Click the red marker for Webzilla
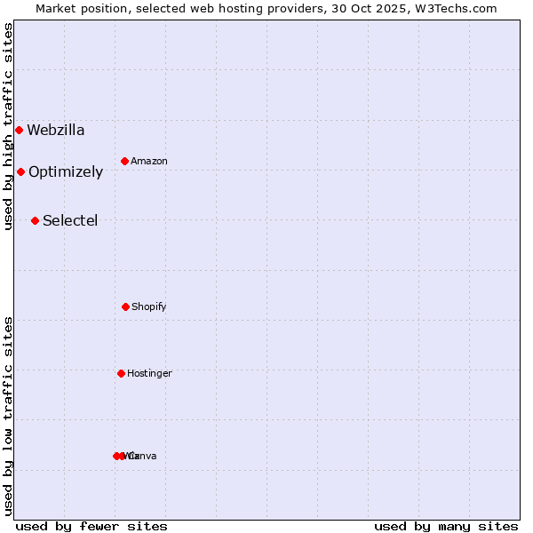[x=19, y=131]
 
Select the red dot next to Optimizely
[x=20, y=172]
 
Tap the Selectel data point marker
[x=35, y=220]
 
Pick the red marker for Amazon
[x=124, y=161]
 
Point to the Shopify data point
[x=125, y=306]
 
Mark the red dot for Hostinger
[x=121, y=373]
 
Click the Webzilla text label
[x=56, y=131]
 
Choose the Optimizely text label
[x=66, y=172]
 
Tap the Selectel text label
[x=70, y=220]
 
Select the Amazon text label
[x=149, y=161]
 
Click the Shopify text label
[x=149, y=306]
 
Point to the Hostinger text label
[x=149, y=373]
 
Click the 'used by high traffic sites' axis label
[x=8, y=127]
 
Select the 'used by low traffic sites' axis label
[x=8, y=416]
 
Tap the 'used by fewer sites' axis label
[x=91, y=526]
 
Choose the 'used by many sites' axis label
[x=446, y=526]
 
